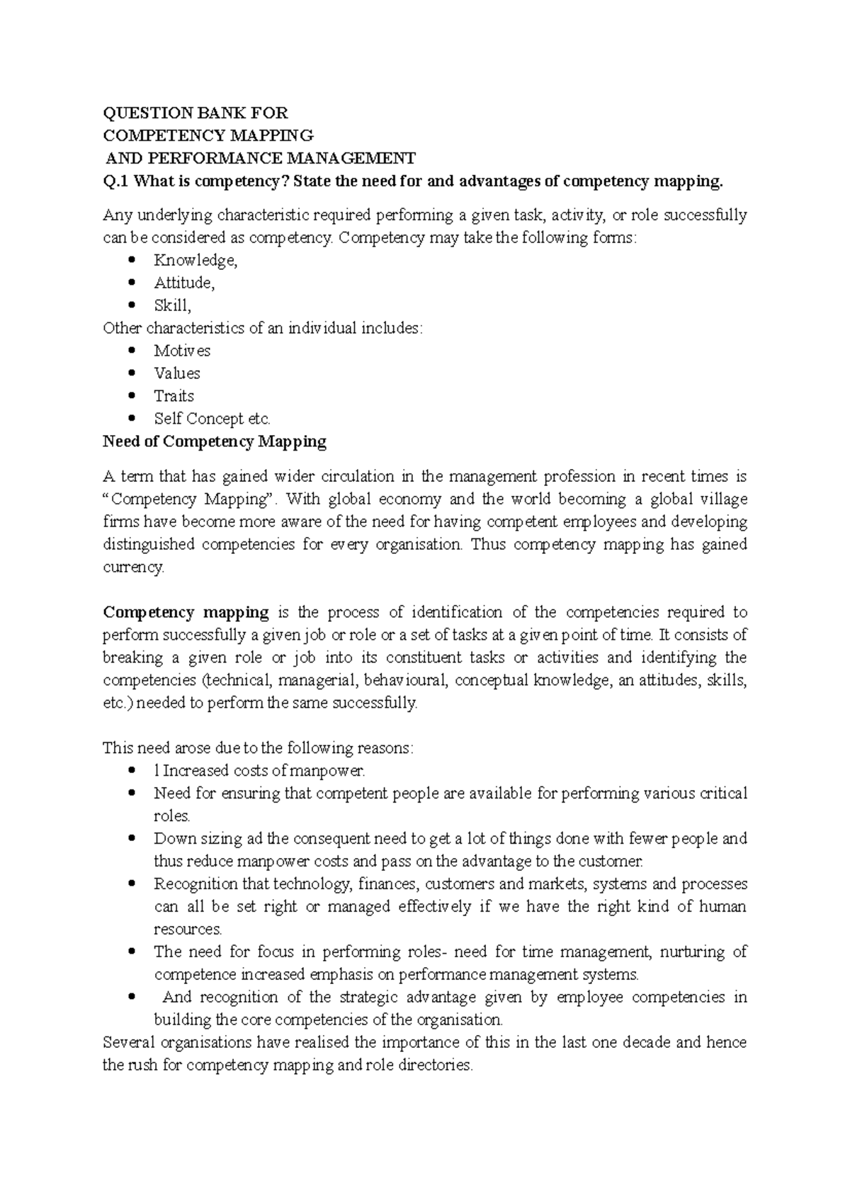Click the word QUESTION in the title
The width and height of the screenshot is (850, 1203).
(x=139, y=113)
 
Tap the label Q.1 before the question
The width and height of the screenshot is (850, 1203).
(x=116, y=181)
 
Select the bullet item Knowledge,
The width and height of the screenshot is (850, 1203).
(x=195, y=261)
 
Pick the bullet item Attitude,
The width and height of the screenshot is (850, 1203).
(x=184, y=283)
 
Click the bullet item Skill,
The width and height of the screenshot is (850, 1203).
(x=172, y=306)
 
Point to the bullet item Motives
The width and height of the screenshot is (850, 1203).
(x=182, y=351)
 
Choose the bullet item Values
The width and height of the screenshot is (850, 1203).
(x=177, y=373)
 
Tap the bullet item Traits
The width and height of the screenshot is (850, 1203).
(x=174, y=396)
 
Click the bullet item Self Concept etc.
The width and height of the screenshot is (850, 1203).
(x=212, y=419)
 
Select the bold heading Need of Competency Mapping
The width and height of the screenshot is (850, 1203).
(x=215, y=442)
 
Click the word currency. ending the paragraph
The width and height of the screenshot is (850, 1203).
(x=133, y=567)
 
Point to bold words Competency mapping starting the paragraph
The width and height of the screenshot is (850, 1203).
(x=186, y=612)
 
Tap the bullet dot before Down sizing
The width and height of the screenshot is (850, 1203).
(x=131, y=838)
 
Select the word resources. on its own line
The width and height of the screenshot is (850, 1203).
(x=188, y=930)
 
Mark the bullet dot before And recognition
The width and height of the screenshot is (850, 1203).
(x=131, y=997)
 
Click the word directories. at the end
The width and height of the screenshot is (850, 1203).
(x=436, y=1066)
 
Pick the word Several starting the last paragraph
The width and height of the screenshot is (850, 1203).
(x=128, y=1043)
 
